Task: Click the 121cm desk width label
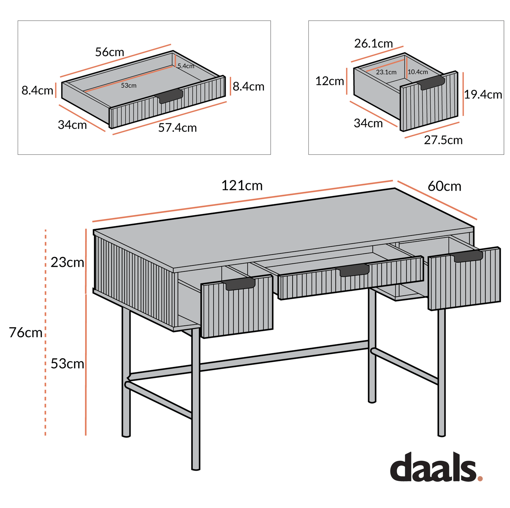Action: [242, 186]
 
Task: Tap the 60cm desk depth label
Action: [444, 186]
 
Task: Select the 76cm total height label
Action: [25, 332]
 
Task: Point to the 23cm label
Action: [67, 262]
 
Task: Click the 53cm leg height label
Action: [67, 363]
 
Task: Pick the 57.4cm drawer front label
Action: [177, 128]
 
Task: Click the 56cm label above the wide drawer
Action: [109, 52]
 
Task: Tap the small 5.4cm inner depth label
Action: [186, 66]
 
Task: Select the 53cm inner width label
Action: [128, 85]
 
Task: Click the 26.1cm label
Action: [373, 44]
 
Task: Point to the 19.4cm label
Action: [482, 94]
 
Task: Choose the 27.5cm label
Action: [443, 140]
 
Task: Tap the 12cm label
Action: [329, 81]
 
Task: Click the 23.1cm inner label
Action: [386, 72]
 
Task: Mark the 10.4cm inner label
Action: [418, 72]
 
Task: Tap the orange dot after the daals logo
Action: [480, 478]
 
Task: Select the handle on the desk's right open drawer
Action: [468, 256]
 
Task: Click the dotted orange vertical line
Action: [45, 388]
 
